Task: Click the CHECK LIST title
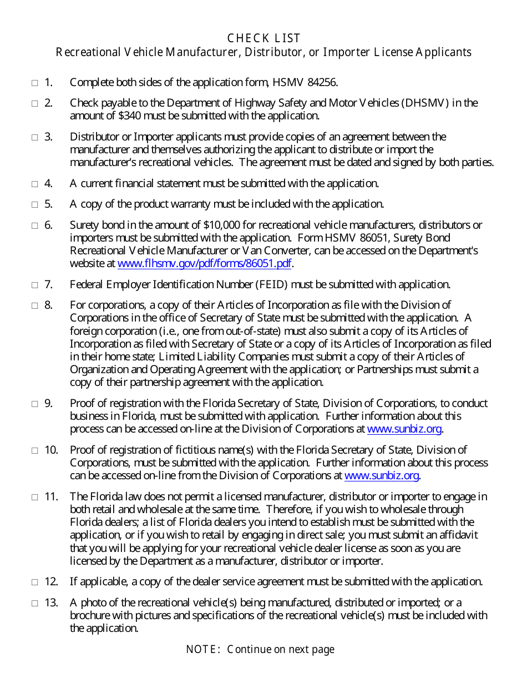(263, 38)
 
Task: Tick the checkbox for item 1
(34, 83)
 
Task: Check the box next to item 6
(34, 225)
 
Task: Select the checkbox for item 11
(34, 497)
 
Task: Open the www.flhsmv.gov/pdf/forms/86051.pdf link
(205, 264)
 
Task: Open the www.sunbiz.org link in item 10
(382, 475)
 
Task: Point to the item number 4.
(48, 183)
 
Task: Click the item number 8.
(48, 305)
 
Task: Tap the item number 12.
(51, 581)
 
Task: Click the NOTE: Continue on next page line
(260, 649)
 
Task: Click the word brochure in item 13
(90, 615)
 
